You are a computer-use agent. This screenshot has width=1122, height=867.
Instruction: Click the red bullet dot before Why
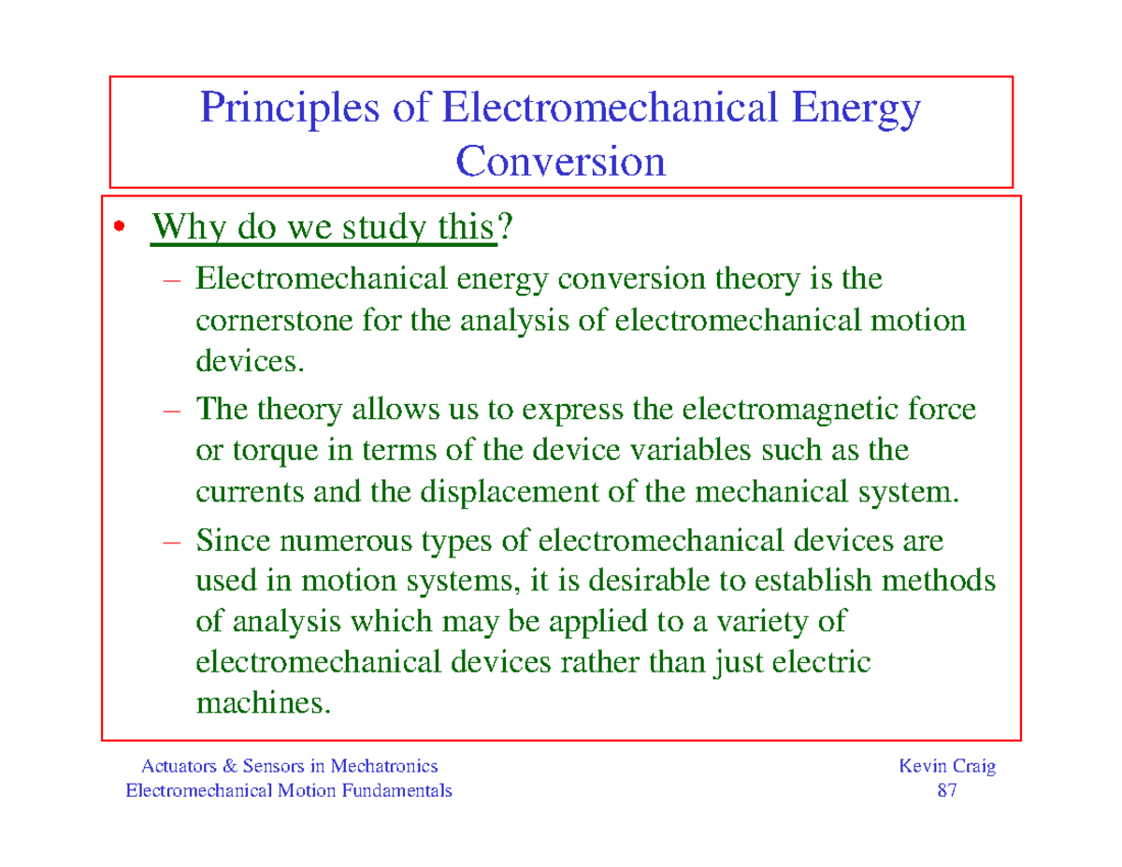[x=118, y=228]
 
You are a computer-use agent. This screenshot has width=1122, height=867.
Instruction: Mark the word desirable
[x=654, y=581]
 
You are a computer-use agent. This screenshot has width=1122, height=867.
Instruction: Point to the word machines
[x=263, y=702]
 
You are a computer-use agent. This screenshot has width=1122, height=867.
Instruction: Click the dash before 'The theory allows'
[x=180, y=410]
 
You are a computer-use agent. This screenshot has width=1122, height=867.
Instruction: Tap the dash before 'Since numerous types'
[x=180, y=540]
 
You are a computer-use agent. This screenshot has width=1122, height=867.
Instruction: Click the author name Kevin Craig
[x=946, y=767]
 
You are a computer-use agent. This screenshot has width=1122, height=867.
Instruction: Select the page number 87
[x=946, y=791]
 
